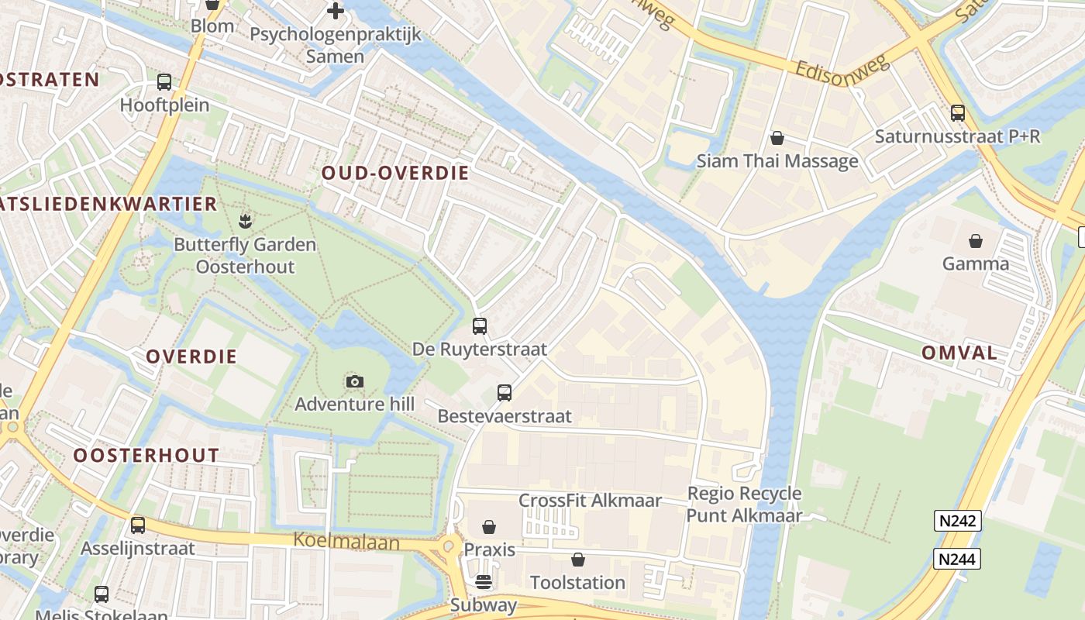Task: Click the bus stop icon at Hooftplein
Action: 164,82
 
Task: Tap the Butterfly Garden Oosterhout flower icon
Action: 245,222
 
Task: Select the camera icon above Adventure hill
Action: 354,381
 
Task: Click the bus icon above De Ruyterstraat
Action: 480,326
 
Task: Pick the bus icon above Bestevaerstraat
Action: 505,393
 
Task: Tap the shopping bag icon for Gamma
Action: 976,241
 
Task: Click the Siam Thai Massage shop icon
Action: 777,138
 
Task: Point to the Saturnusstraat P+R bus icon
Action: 958,113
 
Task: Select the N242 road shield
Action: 958,521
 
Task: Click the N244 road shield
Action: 958,559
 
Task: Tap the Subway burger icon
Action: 484,582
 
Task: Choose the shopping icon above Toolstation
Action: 577,560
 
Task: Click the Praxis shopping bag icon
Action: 489,527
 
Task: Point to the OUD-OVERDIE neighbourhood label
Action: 395,173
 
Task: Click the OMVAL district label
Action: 959,353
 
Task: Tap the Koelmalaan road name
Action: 346,541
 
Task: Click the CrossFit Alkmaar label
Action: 590,501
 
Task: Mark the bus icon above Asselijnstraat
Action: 138,525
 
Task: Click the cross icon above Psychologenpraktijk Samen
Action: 335,11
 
